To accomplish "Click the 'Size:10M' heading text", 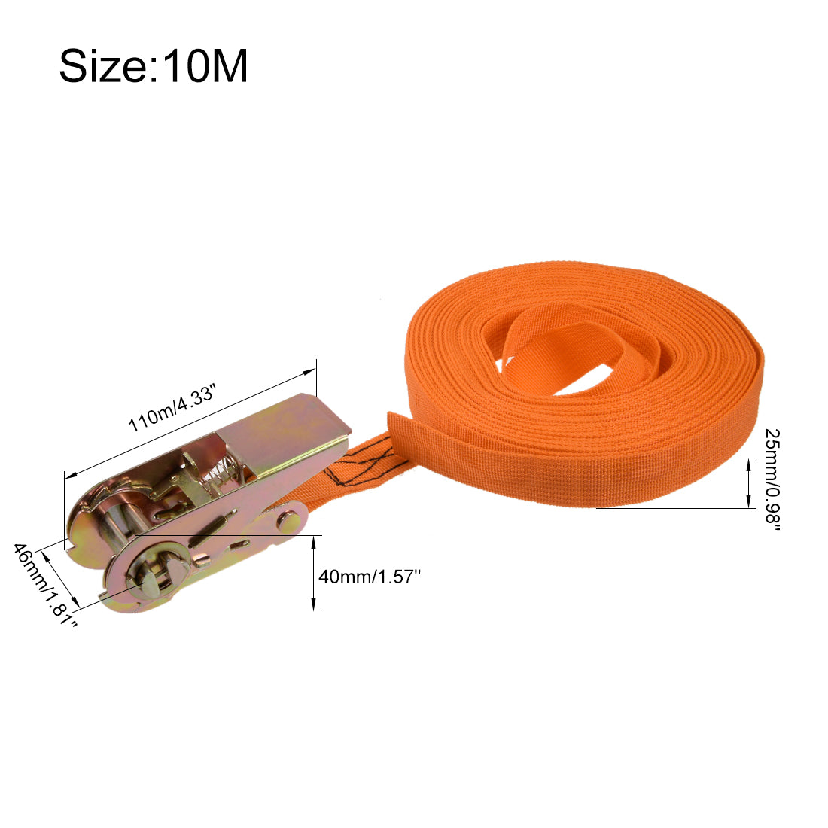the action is [x=153, y=66].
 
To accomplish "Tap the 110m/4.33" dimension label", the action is [x=172, y=408].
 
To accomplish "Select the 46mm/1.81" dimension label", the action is [x=45, y=585].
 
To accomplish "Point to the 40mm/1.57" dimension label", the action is [x=369, y=576].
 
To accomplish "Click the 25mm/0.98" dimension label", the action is [x=772, y=480].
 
